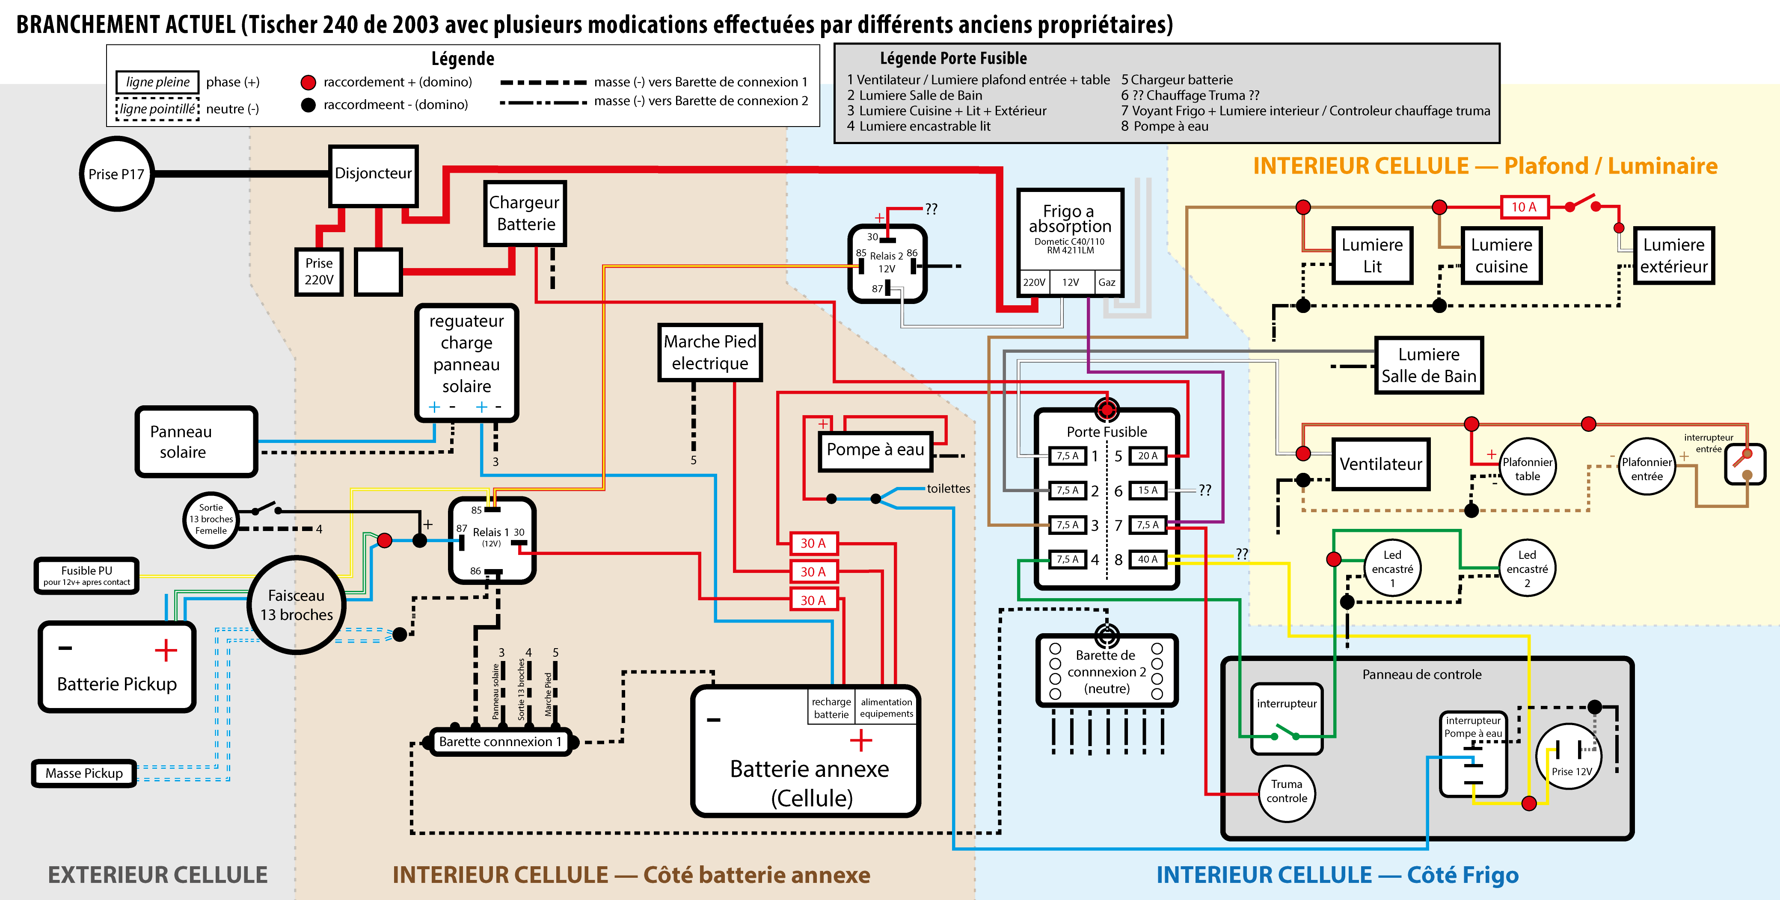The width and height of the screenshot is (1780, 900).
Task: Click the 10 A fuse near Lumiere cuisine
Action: click(x=1524, y=207)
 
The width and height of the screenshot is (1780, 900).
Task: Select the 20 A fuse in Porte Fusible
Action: click(x=1147, y=456)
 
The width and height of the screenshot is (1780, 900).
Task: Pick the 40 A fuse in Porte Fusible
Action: click(x=1147, y=560)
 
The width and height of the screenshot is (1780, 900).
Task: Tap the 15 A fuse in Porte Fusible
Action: click(x=1147, y=490)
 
